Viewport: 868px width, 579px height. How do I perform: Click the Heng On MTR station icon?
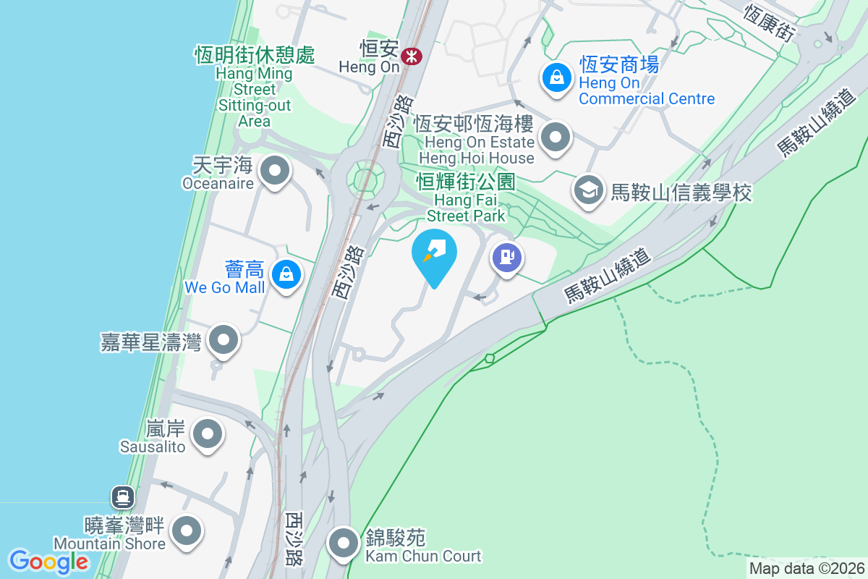412,56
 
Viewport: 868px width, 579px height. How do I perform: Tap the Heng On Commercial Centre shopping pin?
557,77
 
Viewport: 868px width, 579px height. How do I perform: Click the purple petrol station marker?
507,257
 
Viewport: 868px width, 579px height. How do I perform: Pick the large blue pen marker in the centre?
434,254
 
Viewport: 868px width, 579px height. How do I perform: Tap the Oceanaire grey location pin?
275,172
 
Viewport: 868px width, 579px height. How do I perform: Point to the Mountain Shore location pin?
188,531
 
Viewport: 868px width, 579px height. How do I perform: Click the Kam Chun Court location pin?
343,542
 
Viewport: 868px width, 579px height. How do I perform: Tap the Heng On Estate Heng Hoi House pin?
556,137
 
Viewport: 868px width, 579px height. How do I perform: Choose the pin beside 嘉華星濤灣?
224,339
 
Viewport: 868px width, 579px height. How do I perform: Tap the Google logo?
48,561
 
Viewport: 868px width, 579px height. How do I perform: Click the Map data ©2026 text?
807,568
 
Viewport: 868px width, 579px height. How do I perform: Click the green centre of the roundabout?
365,177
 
